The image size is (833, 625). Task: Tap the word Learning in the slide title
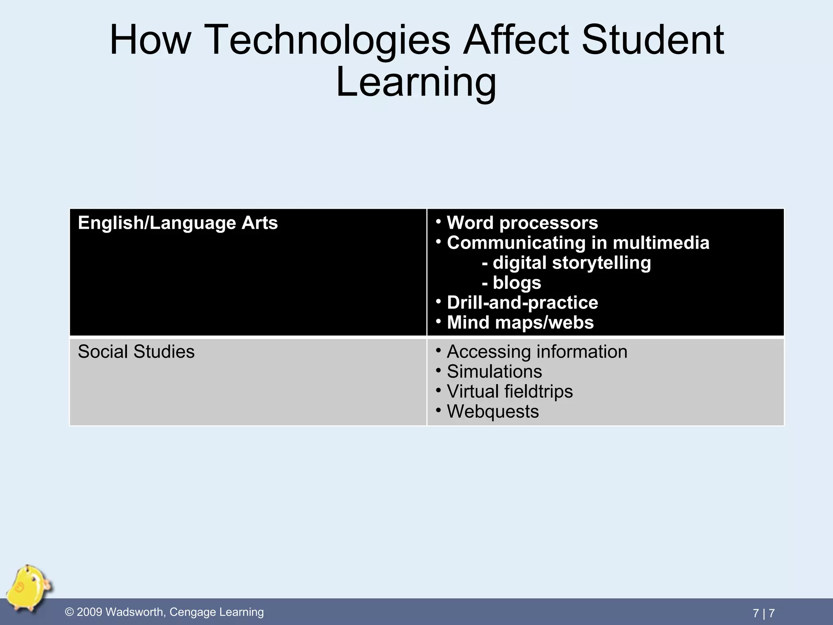(416, 83)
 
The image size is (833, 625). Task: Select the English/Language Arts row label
(178, 223)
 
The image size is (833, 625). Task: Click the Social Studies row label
(136, 352)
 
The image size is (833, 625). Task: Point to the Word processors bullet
(522, 223)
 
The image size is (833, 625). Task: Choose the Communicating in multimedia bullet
(578, 243)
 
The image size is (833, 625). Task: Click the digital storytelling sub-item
(571, 263)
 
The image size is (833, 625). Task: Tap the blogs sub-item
(517, 283)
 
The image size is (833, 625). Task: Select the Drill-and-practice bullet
(522, 303)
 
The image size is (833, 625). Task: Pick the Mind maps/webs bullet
(520, 323)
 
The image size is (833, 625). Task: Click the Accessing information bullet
(537, 352)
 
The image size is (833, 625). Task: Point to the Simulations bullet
(494, 372)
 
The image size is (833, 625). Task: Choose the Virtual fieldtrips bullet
(510, 391)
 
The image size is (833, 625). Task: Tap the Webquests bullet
(493, 411)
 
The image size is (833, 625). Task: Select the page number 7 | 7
(763, 613)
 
